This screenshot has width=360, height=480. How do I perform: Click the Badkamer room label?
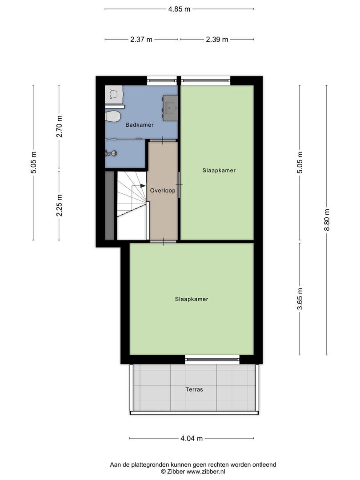point(139,125)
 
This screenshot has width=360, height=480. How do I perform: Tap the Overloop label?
point(163,191)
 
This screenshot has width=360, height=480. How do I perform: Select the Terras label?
point(194,390)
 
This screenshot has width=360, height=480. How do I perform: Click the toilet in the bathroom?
point(112,116)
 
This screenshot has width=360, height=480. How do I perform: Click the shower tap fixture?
point(111,153)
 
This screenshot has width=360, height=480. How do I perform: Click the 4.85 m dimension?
point(180,9)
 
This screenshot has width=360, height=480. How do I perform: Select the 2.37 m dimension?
point(141,40)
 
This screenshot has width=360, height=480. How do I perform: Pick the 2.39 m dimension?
point(217,40)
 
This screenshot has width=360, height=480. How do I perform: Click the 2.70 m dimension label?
point(60,126)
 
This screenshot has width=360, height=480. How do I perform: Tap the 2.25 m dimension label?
point(60,205)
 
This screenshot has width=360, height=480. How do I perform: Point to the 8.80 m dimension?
point(327,220)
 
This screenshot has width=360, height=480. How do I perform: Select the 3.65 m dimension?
point(300,299)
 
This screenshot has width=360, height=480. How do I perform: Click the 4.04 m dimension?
point(192,438)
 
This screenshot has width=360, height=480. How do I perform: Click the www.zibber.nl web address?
point(206,472)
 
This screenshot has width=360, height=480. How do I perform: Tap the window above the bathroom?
point(162,80)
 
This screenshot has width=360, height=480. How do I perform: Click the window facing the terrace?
point(212,360)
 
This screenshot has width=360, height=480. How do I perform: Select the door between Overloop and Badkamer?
point(163,140)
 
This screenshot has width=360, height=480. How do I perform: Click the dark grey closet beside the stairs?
point(110,206)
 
